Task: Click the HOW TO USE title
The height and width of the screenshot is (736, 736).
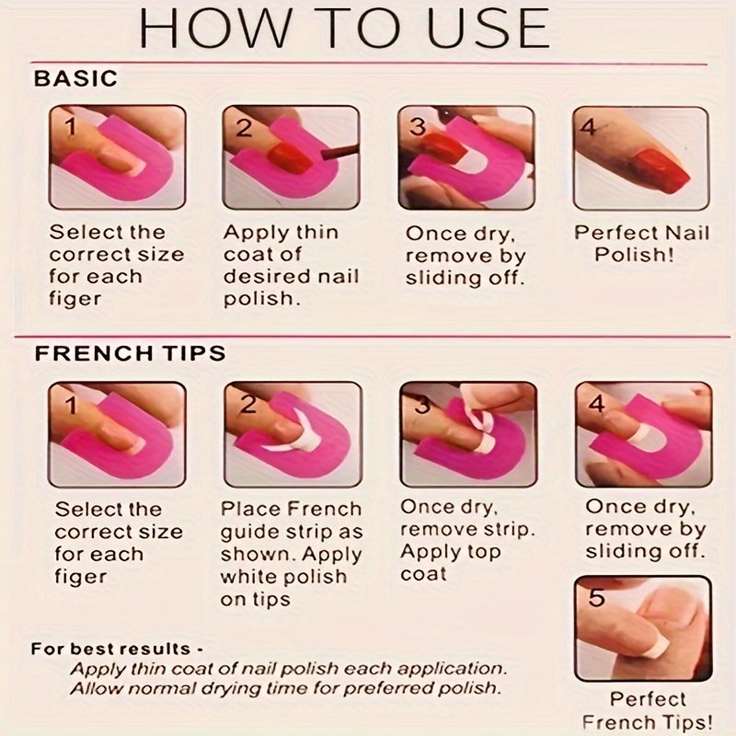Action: (344, 29)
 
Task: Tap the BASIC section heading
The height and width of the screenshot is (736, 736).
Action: (75, 78)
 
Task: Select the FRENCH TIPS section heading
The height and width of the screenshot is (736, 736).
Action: (130, 353)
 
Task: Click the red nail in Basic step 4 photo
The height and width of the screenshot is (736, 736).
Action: (661, 169)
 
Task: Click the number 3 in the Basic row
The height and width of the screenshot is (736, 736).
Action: (418, 126)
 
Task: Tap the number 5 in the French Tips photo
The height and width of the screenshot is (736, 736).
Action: (596, 597)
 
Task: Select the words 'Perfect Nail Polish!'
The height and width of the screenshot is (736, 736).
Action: (641, 244)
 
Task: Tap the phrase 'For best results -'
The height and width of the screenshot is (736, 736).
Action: (117, 649)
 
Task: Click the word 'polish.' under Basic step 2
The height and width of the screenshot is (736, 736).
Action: (262, 298)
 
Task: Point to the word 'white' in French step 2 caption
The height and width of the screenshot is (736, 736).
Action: (249, 577)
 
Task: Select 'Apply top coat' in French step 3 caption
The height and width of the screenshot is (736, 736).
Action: (451, 563)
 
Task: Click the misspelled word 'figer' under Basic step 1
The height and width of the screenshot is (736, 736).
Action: (75, 299)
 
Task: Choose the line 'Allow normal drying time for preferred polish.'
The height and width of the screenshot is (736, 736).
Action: (285, 688)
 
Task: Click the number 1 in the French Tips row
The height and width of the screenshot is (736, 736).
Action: (71, 405)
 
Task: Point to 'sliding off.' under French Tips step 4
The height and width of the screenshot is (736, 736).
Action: (646, 550)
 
